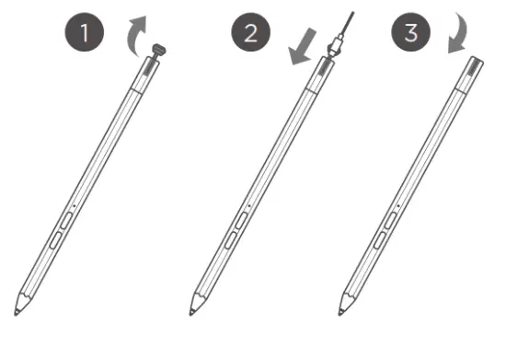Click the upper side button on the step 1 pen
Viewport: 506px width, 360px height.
point(67,222)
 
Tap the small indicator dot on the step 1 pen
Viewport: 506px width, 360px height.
point(75,203)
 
